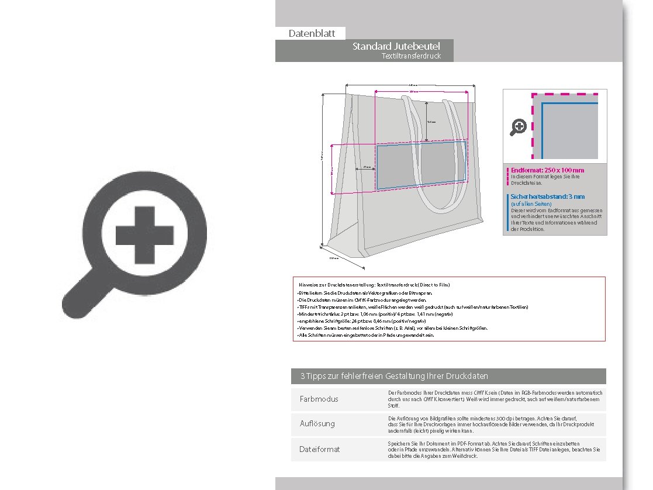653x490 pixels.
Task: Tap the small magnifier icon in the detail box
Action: coord(518,127)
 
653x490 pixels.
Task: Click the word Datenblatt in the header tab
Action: coord(312,33)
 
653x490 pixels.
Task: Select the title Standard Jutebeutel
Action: coord(396,46)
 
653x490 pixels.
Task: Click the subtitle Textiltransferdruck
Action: coord(410,56)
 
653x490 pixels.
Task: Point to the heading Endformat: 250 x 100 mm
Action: coord(547,170)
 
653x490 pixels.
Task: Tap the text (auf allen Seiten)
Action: coord(531,203)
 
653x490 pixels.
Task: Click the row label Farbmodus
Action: coord(319,399)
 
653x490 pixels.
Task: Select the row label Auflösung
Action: coord(317,423)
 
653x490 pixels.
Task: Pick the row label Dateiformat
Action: coord(319,449)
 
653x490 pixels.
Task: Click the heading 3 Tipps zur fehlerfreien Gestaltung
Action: coord(394,376)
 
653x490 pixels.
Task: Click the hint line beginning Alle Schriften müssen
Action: coord(366,336)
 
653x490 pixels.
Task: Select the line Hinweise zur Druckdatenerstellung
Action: coord(374,285)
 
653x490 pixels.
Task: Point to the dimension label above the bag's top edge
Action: coord(411,85)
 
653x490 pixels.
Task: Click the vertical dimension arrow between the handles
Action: coord(426,122)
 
